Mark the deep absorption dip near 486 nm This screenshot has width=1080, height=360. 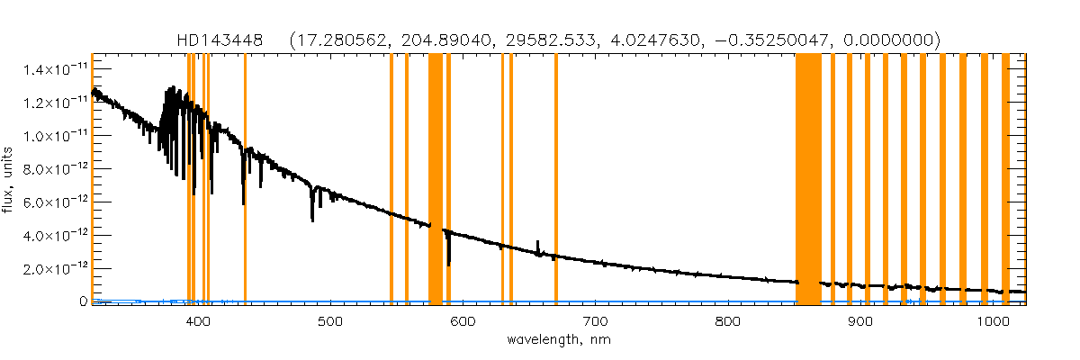[x=312, y=216]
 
